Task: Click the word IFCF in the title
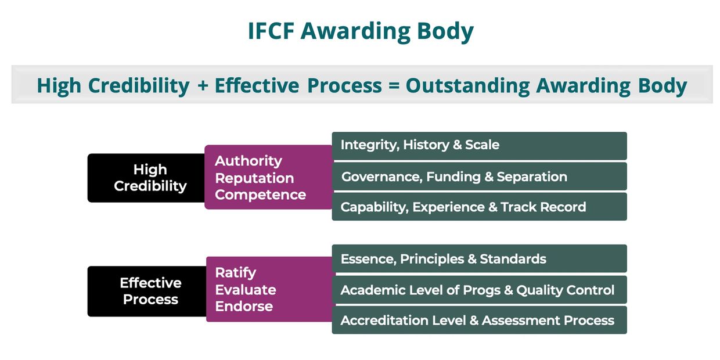point(271,31)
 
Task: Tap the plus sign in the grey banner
point(203,86)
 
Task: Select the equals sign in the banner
point(394,86)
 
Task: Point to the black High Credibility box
point(146,178)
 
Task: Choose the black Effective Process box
point(147,291)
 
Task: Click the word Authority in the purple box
point(249,161)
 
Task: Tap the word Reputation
point(254,178)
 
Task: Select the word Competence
point(260,195)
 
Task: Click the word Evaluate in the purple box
point(246,290)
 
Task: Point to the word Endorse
point(244,307)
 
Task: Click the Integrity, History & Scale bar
point(479,146)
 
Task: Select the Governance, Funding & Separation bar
point(479,177)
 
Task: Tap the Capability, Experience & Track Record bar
point(479,207)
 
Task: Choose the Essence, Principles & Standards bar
point(479,258)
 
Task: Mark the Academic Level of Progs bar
point(479,290)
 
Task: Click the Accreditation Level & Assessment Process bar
point(479,320)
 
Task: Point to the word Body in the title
point(445,32)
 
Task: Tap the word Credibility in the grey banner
point(139,86)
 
